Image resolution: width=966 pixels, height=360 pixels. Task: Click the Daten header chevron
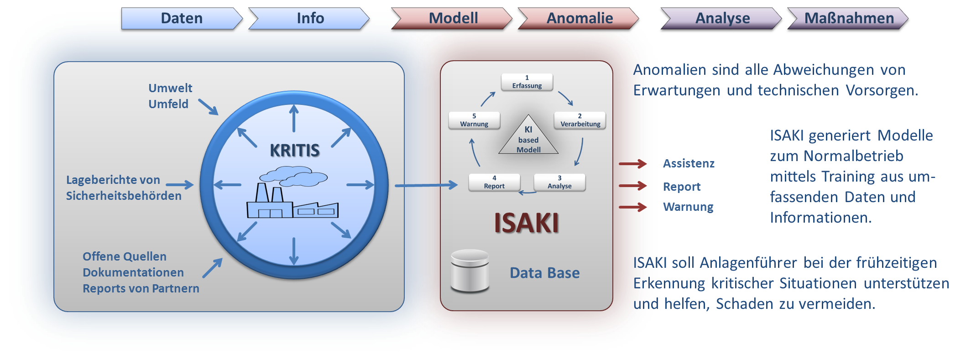click(x=182, y=18)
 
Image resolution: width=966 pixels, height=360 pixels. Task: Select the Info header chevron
click(x=310, y=18)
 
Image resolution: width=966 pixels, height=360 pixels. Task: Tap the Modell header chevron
click(x=453, y=18)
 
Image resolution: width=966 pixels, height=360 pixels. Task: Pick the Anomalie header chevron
click(x=579, y=18)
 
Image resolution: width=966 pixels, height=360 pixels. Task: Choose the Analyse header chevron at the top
click(x=722, y=19)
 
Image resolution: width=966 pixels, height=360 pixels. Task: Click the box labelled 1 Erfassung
click(x=527, y=82)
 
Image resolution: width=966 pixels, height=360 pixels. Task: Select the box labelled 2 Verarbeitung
click(x=580, y=120)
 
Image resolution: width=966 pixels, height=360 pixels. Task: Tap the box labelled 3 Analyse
click(x=559, y=183)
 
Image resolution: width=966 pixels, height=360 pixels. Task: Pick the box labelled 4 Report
click(x=494, y=183)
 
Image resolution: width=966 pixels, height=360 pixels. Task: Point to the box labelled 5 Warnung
click(x=474, y=120)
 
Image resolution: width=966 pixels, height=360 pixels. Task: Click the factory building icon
click(x=292, y=196)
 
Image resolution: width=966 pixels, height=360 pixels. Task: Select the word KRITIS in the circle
click(x=294, y=150)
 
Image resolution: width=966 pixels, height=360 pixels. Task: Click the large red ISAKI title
click(x=527, y=223)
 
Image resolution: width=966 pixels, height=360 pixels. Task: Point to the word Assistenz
click(x=689, y=163)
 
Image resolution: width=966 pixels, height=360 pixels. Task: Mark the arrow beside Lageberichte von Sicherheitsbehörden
click(x=179, y=185)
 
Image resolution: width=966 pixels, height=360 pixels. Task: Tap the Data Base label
click(x=544, y=273)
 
